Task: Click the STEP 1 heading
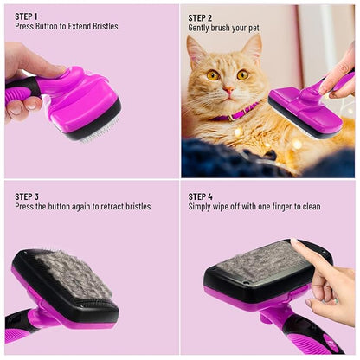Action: click(27, 16)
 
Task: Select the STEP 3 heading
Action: click(27, 196)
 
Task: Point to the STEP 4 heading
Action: click(201, 196)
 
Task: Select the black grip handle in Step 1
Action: click(21, 87)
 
